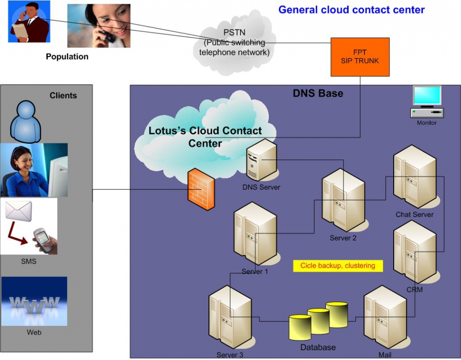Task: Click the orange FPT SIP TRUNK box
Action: pos(360,57)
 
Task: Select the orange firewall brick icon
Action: pos(201,189)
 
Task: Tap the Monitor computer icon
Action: pos(427,103)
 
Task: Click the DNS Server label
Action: pos(261,187)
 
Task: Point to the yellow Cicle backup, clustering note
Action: pos(338,266)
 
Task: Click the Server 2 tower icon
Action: pos(343,200)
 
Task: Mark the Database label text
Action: pos(318,347)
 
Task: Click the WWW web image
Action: pos(34,302)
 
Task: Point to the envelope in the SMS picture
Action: pos(19,212)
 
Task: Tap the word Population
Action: pos(67,57)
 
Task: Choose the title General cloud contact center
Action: pos(351,9)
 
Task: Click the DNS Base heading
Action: pos(318,93)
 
